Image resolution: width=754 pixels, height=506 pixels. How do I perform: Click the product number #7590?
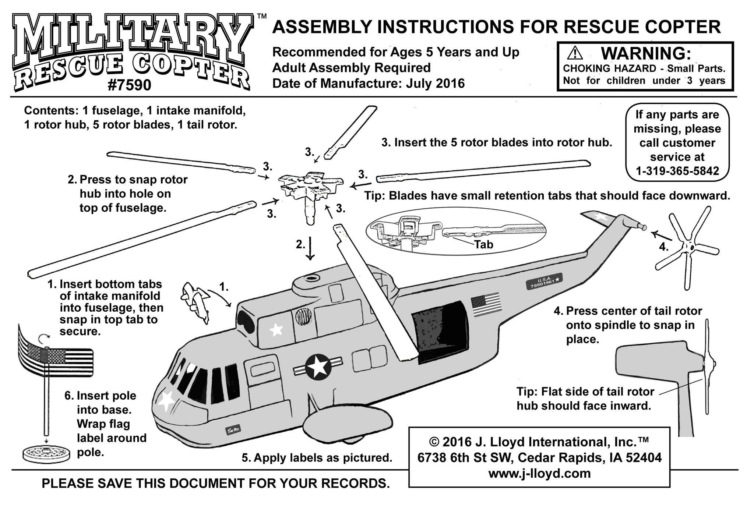click(129, 85)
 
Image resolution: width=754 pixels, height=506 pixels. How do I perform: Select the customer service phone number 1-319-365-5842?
click(677, 171)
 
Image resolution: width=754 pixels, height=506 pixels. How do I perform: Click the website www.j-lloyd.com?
click(539, 473)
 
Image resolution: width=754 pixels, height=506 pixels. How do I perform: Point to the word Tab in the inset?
click(483, 244)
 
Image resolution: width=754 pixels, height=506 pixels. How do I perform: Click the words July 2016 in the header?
click(436, 84)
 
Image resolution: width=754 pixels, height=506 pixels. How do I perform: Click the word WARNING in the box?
click(645, 53)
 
